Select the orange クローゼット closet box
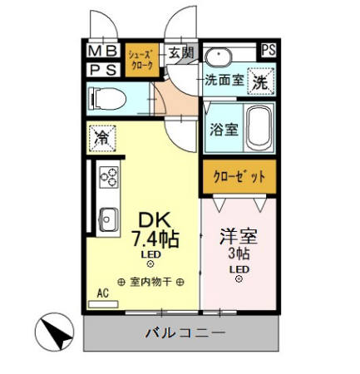tap(237, 176)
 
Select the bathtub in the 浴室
tap(259, 128)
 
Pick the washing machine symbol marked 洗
tap(260, 83)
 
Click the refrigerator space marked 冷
tap(101, 136)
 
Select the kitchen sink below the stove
tap(108, 219)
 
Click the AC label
tap(104, 293)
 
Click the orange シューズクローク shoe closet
tap(141, 61)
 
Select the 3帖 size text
tap(239, 253)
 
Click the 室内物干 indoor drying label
tap(151, 281)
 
